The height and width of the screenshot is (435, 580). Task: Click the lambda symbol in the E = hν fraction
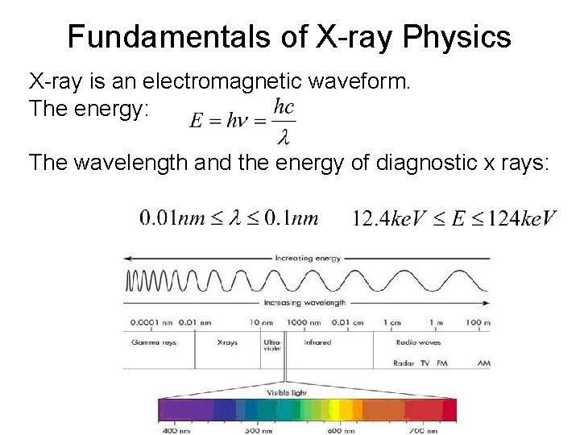tap(283, 138)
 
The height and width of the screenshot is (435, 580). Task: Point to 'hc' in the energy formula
tap(284, 106)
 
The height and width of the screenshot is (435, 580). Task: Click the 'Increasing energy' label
tap(308, 259)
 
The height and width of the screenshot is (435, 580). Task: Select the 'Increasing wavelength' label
tap(304, 303)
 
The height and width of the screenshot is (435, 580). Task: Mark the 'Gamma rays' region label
tap(154, 342)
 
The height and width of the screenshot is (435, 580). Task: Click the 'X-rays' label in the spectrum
tap(228, 342)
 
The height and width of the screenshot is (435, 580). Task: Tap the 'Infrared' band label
tap(317, 342)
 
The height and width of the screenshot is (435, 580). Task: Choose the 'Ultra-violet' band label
tap(271, 346)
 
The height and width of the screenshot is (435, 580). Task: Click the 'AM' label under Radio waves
tap(483, 363)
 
